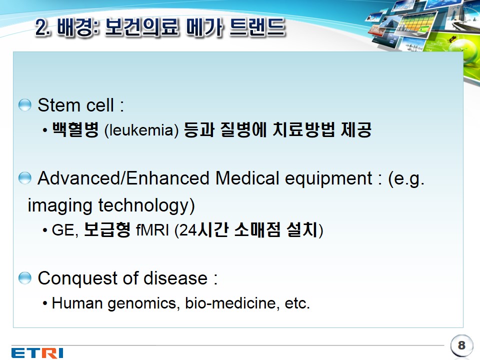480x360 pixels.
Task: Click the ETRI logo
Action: (x=37, y=352)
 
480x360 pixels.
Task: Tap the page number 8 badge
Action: (x=461, y=345)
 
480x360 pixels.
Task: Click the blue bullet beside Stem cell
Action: (x=25, y=105)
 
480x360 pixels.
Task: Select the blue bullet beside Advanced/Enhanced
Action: (x=25, y=178)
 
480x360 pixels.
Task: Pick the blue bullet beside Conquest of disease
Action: (x=25, y=278)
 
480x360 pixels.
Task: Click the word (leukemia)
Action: (x=141, y=130)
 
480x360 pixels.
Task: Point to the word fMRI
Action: (x=152, y=229)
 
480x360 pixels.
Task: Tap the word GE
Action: (x=65, y=230)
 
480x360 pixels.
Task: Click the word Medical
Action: (x=247, y=178)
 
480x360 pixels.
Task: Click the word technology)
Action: (x=146, y=205)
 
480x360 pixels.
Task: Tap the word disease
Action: (x=175, y=278)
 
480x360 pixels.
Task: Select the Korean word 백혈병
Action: (x=75, y=129)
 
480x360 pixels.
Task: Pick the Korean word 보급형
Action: (x=107, y=229)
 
